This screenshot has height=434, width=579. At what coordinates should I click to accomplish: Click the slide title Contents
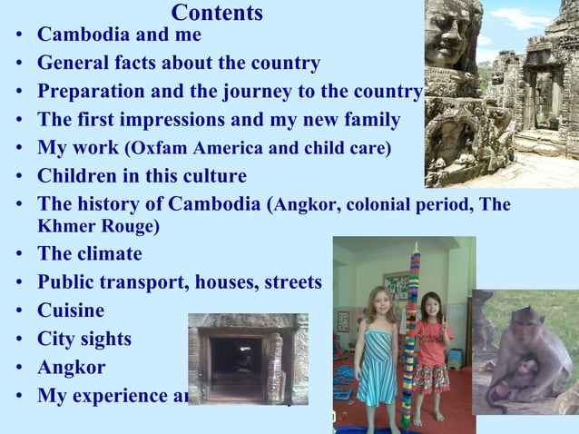[x=217, y=13]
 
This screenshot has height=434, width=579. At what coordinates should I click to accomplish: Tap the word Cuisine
[x=71, y=311]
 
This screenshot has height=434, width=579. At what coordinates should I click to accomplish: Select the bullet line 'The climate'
[x=89, y=254]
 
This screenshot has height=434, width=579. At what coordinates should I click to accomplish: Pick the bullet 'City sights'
[x=84, y=340]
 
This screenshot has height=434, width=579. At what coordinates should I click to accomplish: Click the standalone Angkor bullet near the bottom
[x=71, y=368]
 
